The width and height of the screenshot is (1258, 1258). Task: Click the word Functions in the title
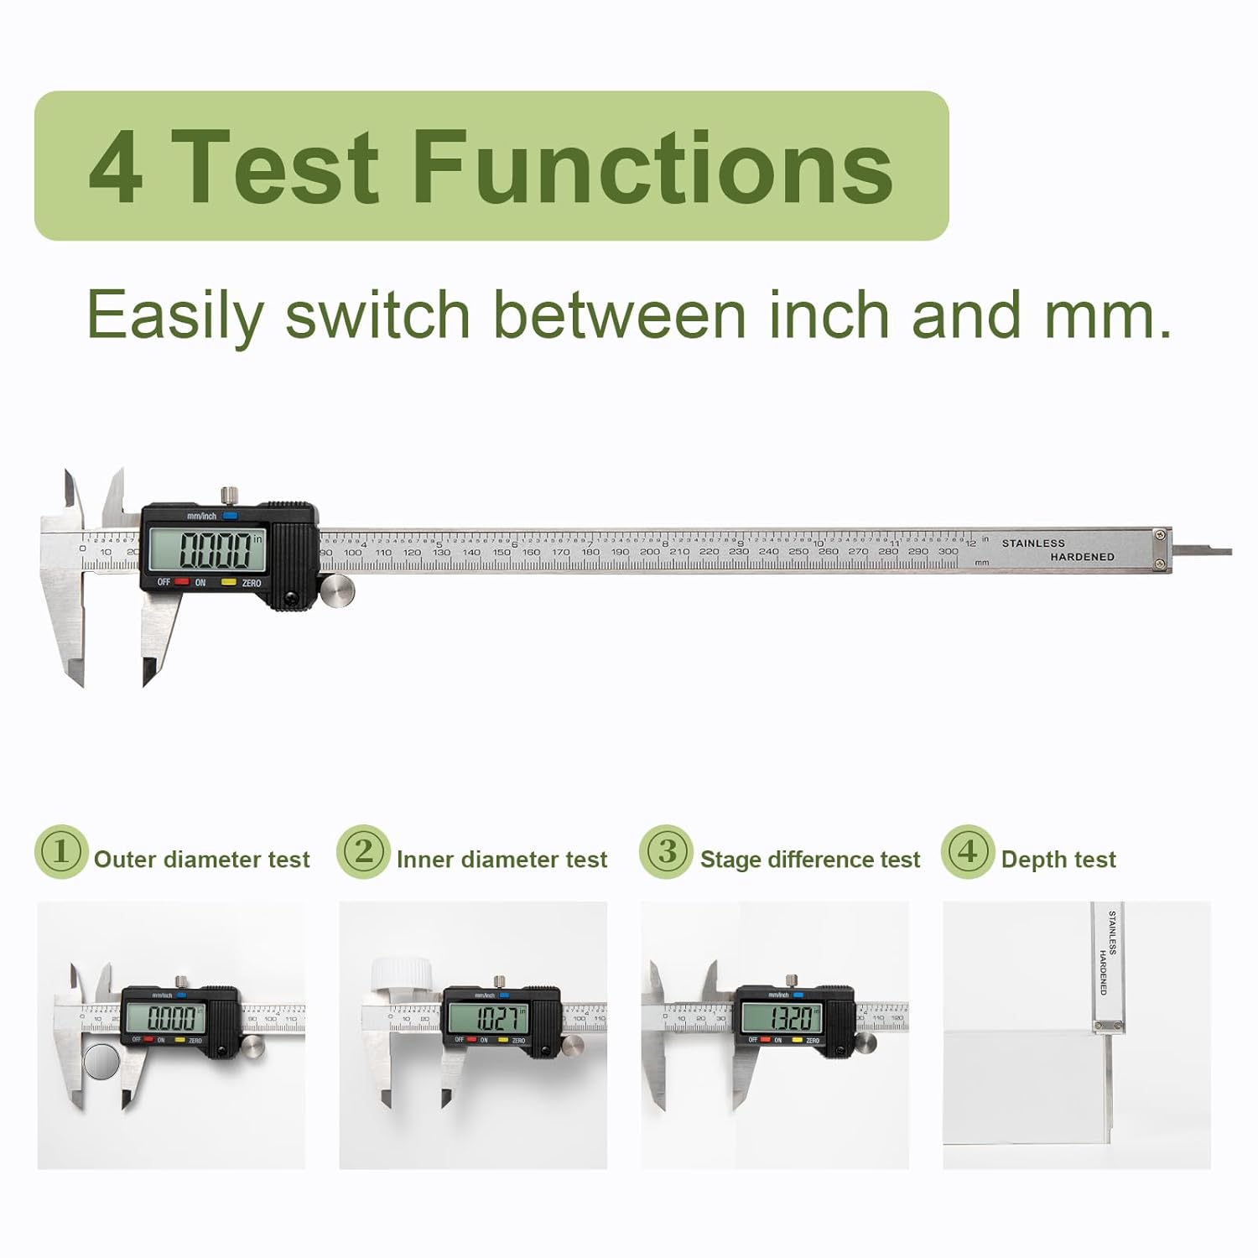click(652, 167)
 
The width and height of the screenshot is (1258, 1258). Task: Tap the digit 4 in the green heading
click(115, 169)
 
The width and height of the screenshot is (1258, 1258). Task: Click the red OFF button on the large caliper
click(181, 581)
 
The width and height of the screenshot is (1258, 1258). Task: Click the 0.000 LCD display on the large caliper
click(216, 550)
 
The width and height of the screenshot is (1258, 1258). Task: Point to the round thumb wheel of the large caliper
click(337, 590)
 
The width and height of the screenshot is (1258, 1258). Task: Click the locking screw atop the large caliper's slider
click(226, 495)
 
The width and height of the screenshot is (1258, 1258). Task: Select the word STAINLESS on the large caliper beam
click(1033, 543)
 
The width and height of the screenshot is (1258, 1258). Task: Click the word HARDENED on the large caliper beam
click(1082, 557)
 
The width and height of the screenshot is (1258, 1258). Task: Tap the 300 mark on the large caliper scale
click(948, 552)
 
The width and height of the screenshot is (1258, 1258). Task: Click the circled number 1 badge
click(61, 852)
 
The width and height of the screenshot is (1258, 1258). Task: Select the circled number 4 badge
click(967, 852)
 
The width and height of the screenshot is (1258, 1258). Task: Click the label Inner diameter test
click(502, 860)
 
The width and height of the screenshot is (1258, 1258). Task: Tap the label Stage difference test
click(809, 860)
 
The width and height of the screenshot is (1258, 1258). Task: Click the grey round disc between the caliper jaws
click(101, 1062)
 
